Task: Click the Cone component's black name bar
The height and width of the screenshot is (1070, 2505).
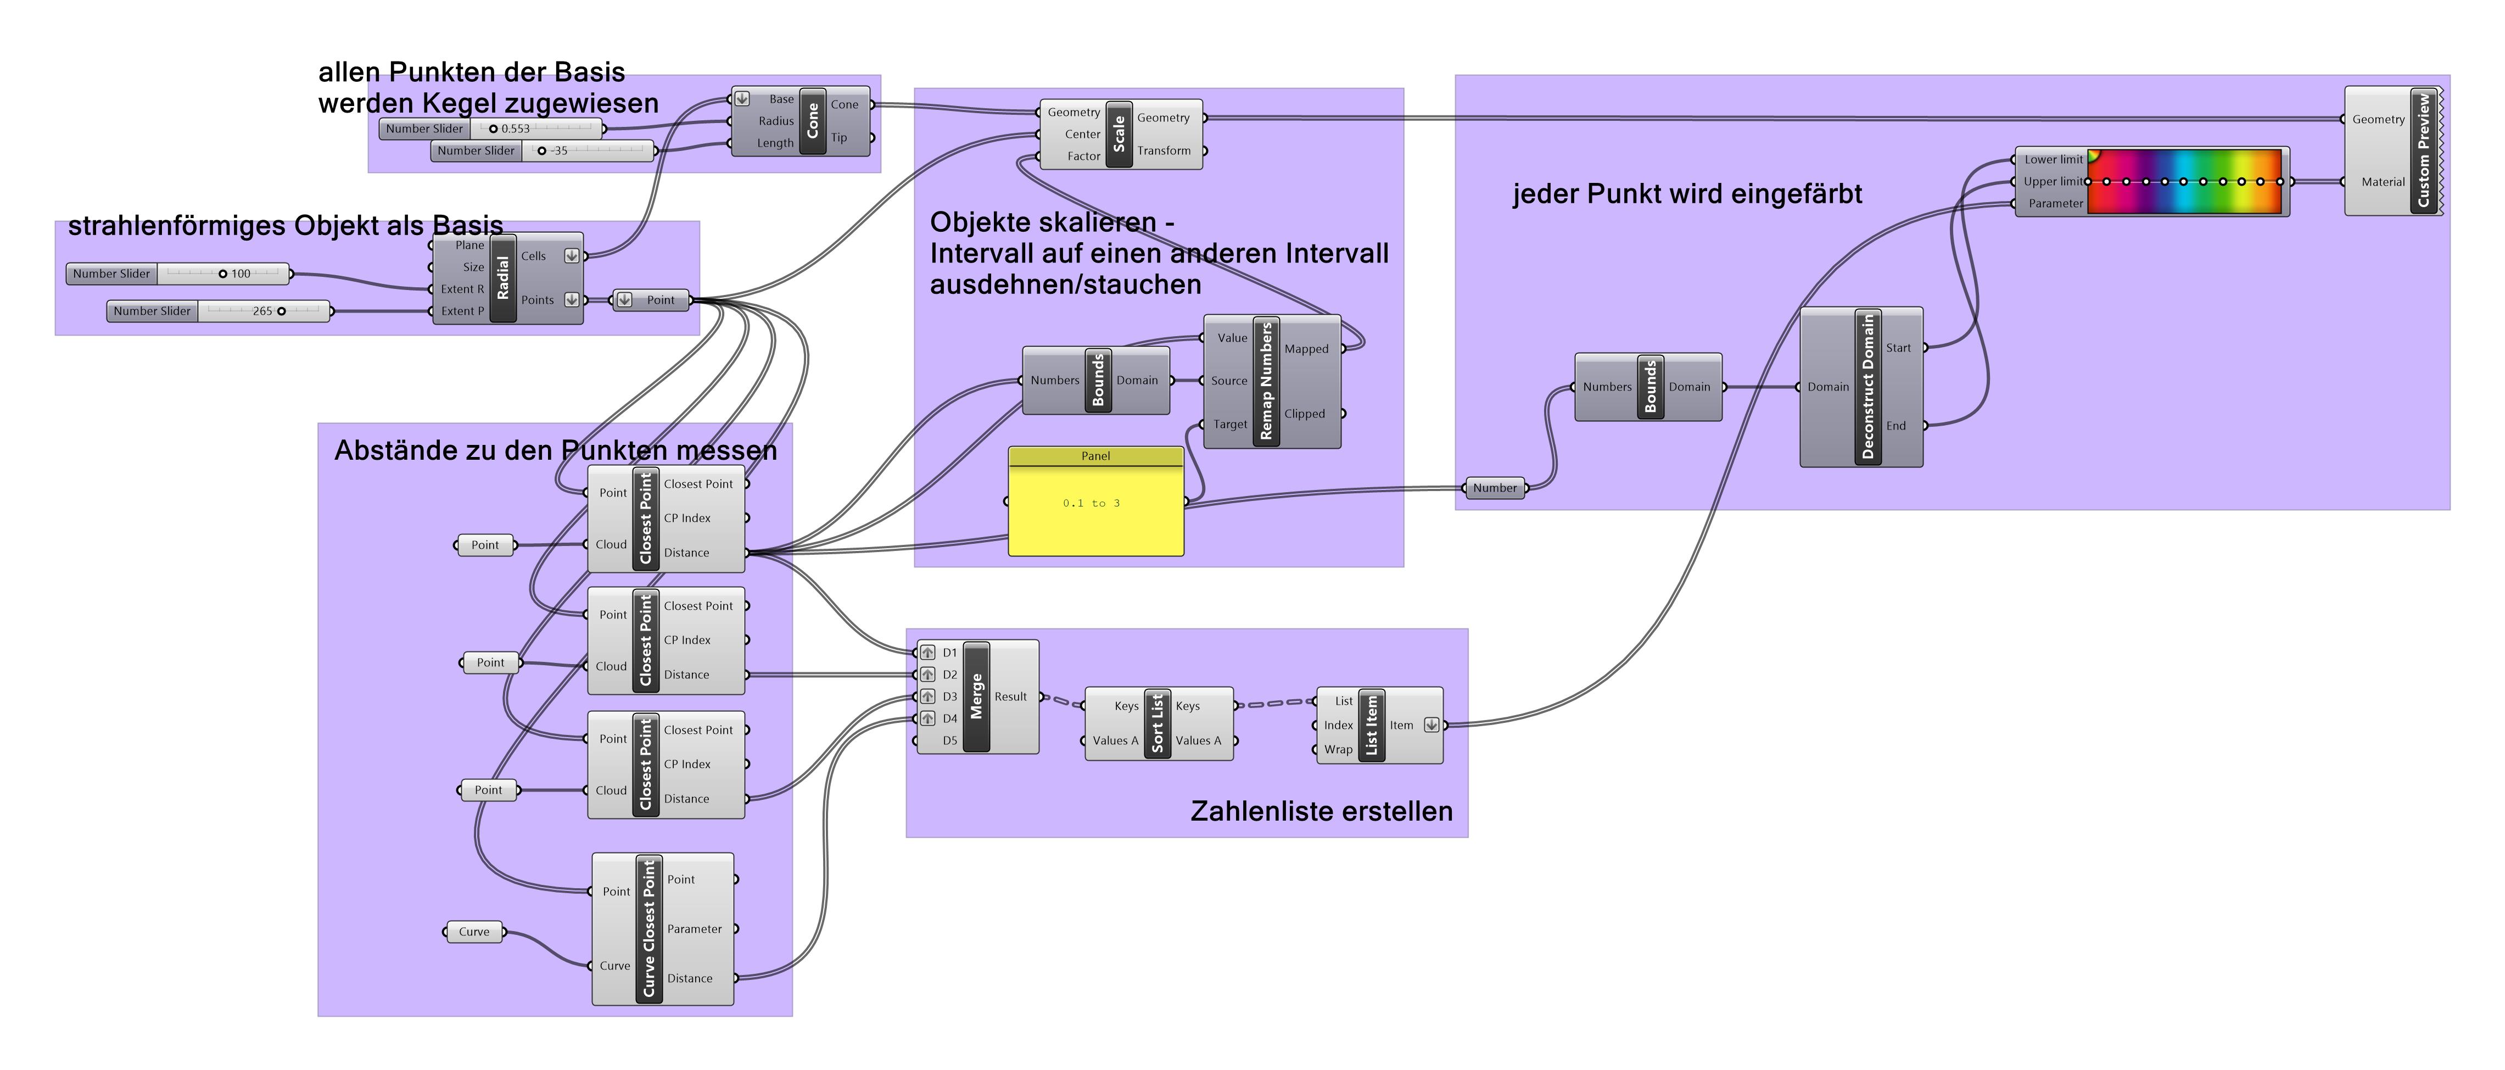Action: point(813,121)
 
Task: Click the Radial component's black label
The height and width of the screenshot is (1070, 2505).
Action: point(503,278)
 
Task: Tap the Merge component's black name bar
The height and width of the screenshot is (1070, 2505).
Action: point(976,696)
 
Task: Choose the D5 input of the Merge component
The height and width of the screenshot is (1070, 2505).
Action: point(948,741)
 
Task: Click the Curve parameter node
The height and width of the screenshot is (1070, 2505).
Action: point(474,932)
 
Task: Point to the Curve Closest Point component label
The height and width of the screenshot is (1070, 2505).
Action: point(648,929)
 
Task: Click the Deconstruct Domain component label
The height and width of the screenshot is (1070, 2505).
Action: point(1867,387)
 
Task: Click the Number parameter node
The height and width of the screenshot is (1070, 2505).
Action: point(1495,488)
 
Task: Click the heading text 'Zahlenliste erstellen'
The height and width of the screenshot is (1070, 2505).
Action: point(1321,811)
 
